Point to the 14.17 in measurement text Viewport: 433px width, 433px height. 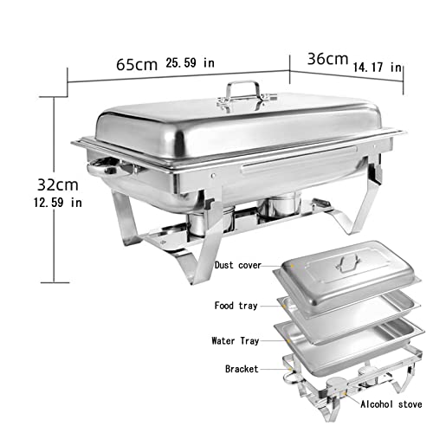pos(378,66)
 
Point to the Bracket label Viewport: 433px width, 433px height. pos(241,368)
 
